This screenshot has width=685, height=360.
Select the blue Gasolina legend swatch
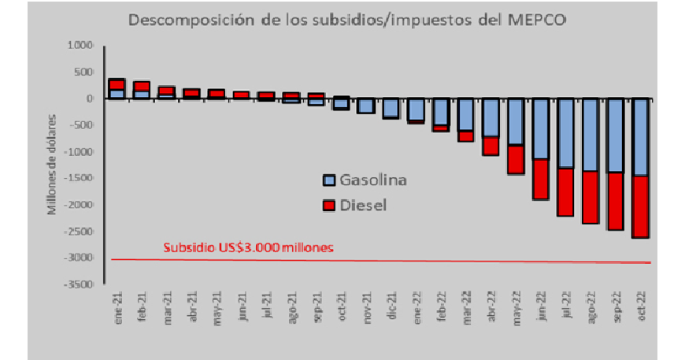click(x=329, y=180)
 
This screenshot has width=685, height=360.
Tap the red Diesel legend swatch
click(x=329, y=205)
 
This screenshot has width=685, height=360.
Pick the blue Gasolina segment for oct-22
click(x=640, y=137)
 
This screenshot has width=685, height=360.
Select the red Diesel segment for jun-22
click(x=540, y=179)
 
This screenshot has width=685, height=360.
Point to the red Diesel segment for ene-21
click(x=117, y=84)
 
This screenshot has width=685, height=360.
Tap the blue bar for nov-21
click(x=366, y=106)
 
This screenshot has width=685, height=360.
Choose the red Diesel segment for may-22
click(x=516, y=159)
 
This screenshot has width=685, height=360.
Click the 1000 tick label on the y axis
click(x=81, y=46)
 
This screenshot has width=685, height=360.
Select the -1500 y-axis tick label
click(x=83, y=178)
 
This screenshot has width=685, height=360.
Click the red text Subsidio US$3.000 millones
click(x=249, y=247)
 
